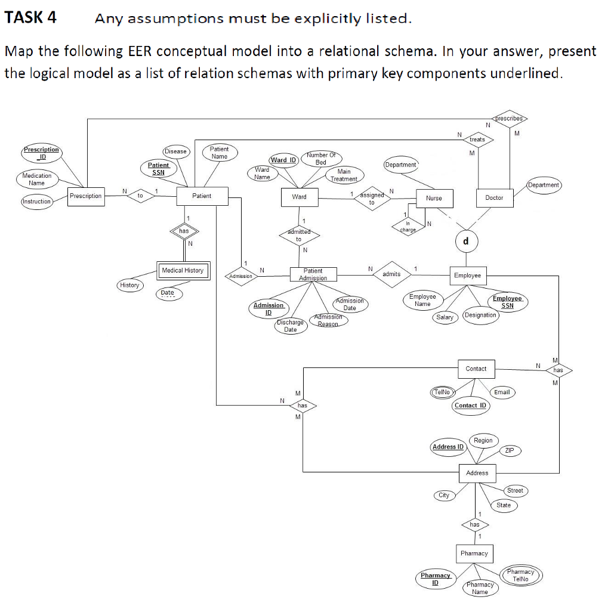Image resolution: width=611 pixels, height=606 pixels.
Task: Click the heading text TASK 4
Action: coord(30,17)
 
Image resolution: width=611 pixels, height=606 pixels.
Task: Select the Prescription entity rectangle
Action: coord(85,196)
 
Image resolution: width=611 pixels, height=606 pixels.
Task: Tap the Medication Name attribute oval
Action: coord(37,179)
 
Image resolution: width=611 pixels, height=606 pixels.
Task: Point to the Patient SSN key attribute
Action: coord(158,168)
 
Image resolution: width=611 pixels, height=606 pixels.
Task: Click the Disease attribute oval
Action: coord(175,151)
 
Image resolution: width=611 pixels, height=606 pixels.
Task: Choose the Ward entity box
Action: coord(299,197)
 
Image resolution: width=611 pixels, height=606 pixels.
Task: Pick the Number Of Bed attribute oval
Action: coord(320,159)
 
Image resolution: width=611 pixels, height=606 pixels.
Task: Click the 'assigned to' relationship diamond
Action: coord(371,199)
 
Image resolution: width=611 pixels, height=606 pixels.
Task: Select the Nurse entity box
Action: coord(434,198)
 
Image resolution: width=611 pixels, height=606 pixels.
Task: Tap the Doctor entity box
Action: coord(494,197)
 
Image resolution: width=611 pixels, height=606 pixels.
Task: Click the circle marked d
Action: coord(466,241)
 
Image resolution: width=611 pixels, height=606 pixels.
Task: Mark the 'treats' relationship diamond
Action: coord(477,140)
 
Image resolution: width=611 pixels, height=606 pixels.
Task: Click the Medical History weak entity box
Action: coord(183,271)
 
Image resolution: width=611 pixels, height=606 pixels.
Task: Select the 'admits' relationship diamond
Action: coord(391,274)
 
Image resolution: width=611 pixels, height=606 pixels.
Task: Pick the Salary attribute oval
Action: coord(445,317)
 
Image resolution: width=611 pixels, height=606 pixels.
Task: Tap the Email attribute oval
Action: coord(502,392)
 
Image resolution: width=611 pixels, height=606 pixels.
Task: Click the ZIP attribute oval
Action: coord(509,450)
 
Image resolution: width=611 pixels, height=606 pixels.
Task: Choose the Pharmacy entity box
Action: coord(474,553)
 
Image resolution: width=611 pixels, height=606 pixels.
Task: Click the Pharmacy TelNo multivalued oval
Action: coord(520,576)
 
